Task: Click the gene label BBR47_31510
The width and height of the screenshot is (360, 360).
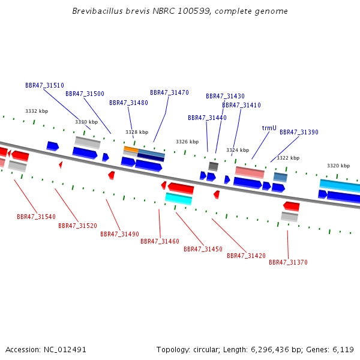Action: [44, 85]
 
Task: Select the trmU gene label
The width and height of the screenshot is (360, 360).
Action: [269, 128]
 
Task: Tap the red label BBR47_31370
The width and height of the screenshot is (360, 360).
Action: [288, 262]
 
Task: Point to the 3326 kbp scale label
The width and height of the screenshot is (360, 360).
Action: [187, 142]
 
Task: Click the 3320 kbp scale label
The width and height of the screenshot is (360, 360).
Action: [338, 166]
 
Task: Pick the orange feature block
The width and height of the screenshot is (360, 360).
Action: [131, 149]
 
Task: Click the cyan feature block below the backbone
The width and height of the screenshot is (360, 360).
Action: [178, 199]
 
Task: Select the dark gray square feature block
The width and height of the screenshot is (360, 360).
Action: [213, 166]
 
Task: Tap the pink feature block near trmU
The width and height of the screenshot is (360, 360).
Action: [250, 172]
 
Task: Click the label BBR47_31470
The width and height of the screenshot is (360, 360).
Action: [169, 92]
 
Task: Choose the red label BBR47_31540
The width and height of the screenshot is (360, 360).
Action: [36, 217]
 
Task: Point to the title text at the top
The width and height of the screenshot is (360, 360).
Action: [180, 11]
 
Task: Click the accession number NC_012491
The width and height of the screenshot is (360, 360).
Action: [65, 350]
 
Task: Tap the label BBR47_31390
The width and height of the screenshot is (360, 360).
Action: [299, 132]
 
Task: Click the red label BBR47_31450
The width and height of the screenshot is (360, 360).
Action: [203, 249]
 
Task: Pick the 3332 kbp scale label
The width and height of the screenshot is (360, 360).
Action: [37, 111]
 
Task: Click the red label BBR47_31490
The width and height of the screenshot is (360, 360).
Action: [119, 234]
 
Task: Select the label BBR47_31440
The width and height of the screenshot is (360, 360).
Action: [207, 118]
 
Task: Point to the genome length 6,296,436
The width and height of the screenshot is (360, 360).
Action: [273, 350]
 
